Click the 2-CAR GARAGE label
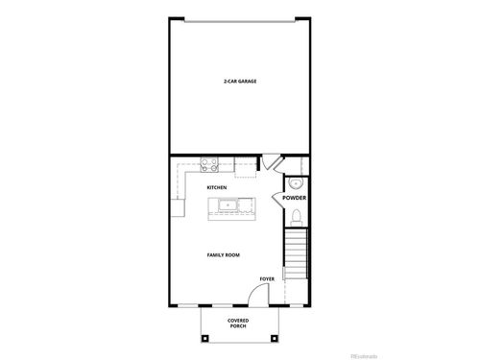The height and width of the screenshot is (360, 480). tap(239, 82)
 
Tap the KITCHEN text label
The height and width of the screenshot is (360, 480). tap(217, 187)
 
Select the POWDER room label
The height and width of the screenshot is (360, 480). tap(294, 198)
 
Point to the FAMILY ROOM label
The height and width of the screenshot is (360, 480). tap(224, 255)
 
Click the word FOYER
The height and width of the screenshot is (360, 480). tap(266, 279)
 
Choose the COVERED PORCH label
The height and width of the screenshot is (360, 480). tap(239, 323)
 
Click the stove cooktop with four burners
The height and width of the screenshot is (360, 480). tap(208, 163)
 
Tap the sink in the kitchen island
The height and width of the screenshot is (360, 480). tap(228, 204)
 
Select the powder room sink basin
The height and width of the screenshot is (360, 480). tap(296, 181)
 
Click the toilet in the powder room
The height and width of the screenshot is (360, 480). tap(297, 216)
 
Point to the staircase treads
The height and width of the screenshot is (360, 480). tap(296, 253)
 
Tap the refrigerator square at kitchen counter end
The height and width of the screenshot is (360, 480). tap(178, 206)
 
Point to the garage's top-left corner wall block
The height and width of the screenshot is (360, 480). tap(172, 17)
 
